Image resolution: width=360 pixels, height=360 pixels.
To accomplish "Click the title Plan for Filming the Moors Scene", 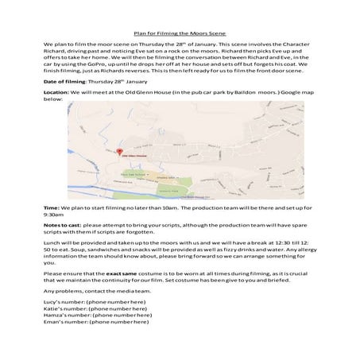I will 180,34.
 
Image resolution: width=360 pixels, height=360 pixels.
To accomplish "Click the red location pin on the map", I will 119,151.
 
